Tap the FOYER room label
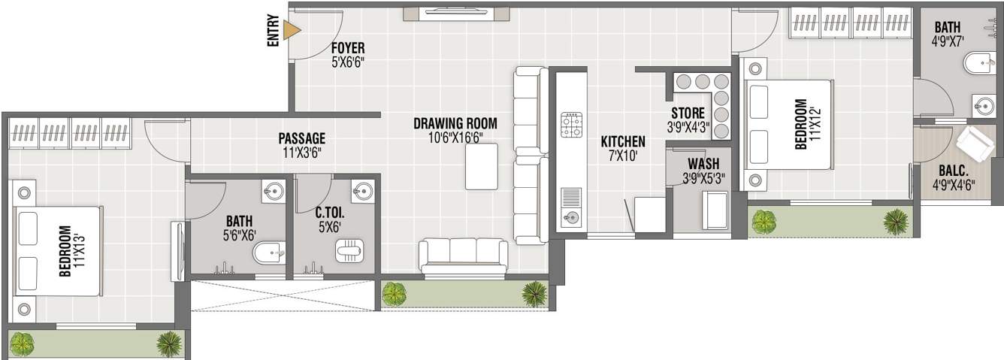click(x=348, y=50)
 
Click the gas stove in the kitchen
click(x=571, y=125)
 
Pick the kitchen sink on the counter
click(x=571, y=218)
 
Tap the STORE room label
click(x=688, y=113)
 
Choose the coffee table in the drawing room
click(x=481, y=166)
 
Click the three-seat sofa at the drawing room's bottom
click(x=463, y=256)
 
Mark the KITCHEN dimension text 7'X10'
click(x=623, y=156)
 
